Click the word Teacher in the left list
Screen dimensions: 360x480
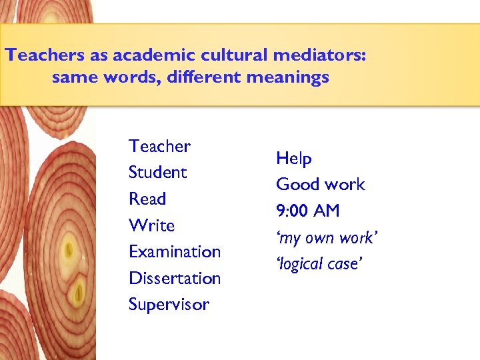159,146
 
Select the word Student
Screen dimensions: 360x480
157,172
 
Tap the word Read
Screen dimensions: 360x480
147,199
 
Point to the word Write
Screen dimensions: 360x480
151,225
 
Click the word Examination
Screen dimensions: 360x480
174,252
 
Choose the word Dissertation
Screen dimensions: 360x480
174,278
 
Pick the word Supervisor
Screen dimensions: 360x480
169,305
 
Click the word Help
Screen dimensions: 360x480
293,159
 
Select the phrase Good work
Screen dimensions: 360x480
320,185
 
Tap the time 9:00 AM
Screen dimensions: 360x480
307,211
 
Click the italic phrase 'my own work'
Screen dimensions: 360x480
327,238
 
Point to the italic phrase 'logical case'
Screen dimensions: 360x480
319,264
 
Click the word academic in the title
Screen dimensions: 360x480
148,55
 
